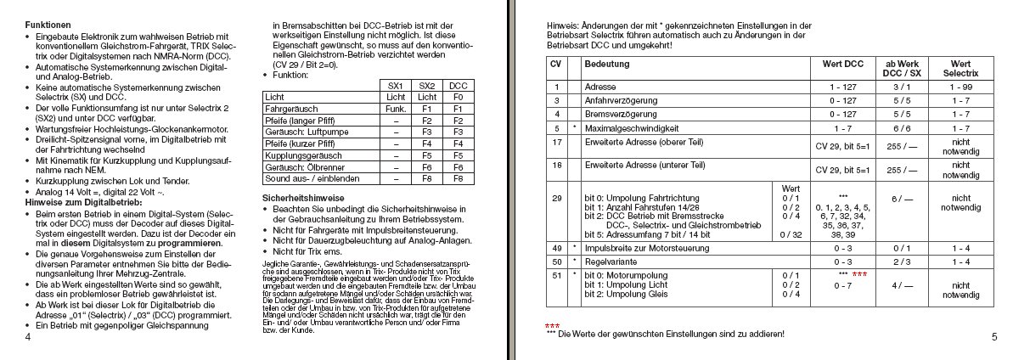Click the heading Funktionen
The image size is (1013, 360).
48,26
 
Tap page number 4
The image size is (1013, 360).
28,338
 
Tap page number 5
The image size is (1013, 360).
993,337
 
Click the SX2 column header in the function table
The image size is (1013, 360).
427,86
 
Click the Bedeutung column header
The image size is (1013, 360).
603,65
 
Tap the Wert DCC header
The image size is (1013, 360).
842,65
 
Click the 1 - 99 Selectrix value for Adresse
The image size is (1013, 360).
960,87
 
